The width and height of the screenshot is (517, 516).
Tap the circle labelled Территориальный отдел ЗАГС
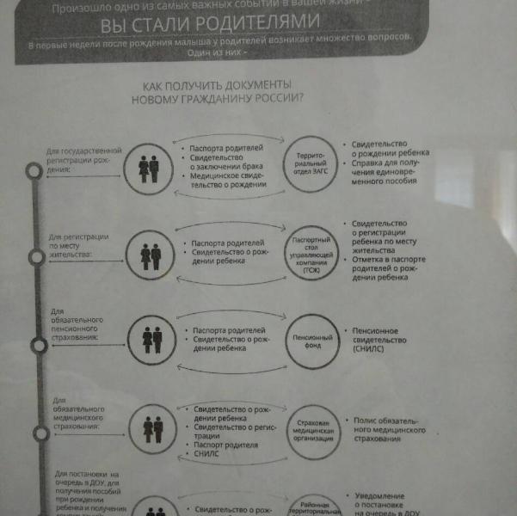coord(311,164)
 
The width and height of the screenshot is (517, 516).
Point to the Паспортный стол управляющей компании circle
coord(311,255)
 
